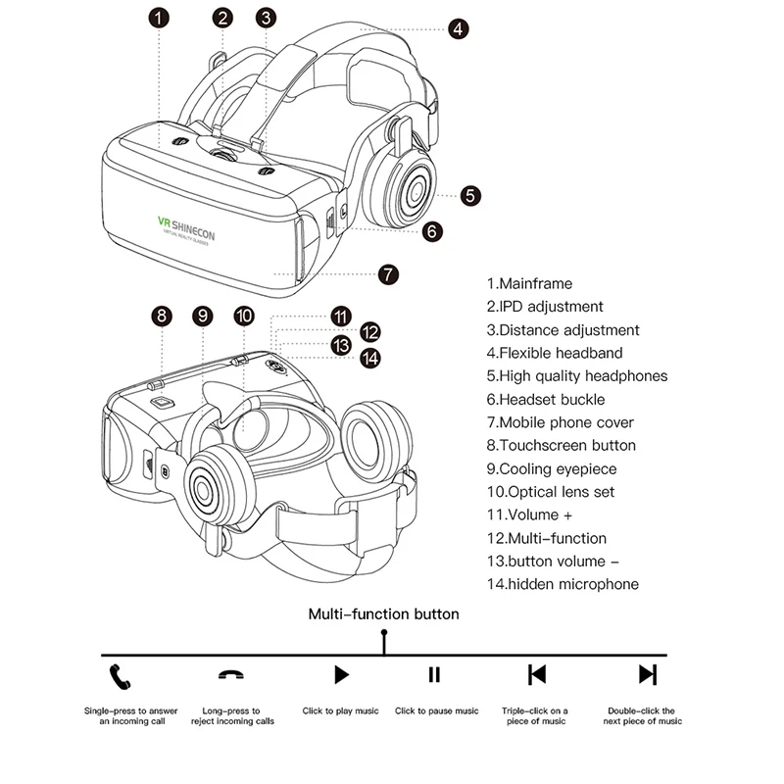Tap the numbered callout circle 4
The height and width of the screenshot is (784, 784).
coord(459,29)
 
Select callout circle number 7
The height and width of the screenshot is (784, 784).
coord(388,274)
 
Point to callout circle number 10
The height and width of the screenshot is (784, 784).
coord(245,316)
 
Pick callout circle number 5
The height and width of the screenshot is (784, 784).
coord(472,196)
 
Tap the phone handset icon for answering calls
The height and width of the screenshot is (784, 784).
coord(122,675)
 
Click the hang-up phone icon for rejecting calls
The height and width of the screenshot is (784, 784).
coord(232,675)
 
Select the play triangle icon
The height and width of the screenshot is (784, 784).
coord(341,674)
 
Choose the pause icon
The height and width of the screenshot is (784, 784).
coord(434,674)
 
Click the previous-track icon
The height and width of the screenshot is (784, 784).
coord(536,674)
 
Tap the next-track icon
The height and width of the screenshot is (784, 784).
coord(647,674)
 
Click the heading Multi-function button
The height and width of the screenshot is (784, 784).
coord(383,614)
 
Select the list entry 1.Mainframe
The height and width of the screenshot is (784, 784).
coord(528,283)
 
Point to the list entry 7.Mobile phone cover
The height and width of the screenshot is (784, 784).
coord(560,422)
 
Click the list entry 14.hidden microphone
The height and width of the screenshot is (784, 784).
coord(563,584)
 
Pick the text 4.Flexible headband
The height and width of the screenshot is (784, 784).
coord(554,353)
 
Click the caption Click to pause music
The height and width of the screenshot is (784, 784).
coord(437,711)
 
